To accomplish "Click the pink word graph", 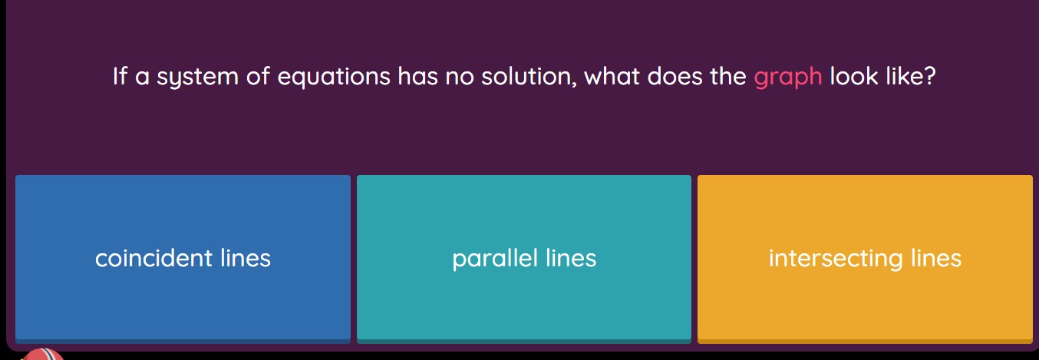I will pos(788,78).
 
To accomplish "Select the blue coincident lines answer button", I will pos(183,258).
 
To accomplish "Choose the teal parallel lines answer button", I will pos(524,258).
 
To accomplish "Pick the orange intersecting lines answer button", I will pos(865,258).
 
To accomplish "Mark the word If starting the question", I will pos(119,77).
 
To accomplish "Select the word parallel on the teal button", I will pos(495,258).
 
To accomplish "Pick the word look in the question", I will pos(853,77).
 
